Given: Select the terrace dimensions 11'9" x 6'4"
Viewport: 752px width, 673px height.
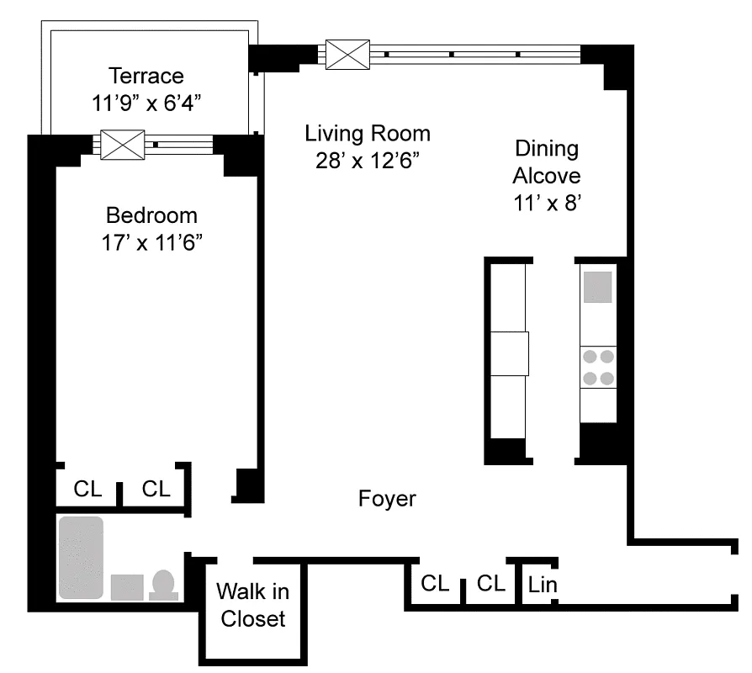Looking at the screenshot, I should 146,103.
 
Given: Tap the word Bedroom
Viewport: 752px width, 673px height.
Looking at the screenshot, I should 151,215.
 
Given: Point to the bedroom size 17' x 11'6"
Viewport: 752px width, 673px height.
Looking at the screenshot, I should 151,242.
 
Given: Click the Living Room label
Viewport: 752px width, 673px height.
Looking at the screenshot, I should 368,133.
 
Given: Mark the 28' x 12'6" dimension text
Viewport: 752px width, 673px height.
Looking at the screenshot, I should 368,160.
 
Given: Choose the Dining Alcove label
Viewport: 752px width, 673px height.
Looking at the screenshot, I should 547,162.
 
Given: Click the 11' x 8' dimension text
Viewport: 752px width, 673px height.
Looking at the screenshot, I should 547,203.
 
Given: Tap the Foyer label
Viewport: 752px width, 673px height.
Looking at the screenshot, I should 387,499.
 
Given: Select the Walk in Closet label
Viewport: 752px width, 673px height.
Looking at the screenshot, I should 252,605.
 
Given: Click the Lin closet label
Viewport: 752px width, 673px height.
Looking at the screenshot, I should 543,584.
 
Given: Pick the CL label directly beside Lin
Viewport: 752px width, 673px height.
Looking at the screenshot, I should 490,584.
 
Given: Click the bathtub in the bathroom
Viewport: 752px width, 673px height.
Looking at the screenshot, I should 81,558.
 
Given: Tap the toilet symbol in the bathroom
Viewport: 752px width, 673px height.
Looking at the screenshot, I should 163,585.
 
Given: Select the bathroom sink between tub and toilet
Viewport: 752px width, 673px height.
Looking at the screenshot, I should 127,586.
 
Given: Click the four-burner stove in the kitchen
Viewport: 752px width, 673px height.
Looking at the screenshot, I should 599,368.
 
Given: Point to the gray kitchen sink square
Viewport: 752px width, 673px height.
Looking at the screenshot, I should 599,287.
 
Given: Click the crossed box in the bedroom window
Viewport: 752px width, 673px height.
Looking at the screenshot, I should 123,145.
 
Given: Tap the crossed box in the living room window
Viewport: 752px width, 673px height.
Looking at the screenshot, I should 347,55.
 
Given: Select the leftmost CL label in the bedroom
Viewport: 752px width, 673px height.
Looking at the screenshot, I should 87,489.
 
